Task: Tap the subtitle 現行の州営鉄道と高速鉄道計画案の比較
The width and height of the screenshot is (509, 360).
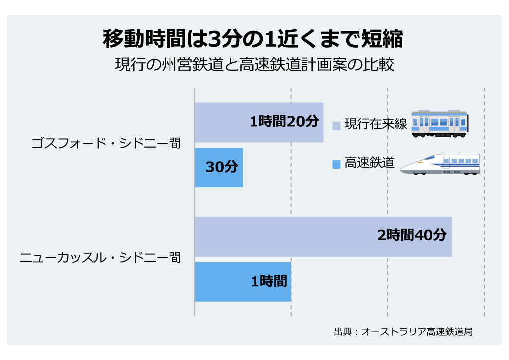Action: point(254,65)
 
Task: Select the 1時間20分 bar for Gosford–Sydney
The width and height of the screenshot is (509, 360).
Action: point(224,122)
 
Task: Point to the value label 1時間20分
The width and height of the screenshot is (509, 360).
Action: point(284,121)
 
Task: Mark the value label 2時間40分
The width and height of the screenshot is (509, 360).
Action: point(412,235)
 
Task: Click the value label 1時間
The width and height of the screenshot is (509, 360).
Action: point(269,281)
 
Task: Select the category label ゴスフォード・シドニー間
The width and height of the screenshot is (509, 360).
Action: point(106,144)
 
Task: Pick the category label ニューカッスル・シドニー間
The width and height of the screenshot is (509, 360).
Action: point(99,258)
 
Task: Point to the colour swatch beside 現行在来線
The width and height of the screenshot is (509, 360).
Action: point(337,125)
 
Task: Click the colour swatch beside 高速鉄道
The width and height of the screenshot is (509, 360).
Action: point(337,163)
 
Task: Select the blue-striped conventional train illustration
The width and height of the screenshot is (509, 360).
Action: point(439,123)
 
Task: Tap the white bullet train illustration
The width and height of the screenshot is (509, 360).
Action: point(440,164)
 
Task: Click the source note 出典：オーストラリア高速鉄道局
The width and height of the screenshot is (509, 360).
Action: point(403,331)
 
